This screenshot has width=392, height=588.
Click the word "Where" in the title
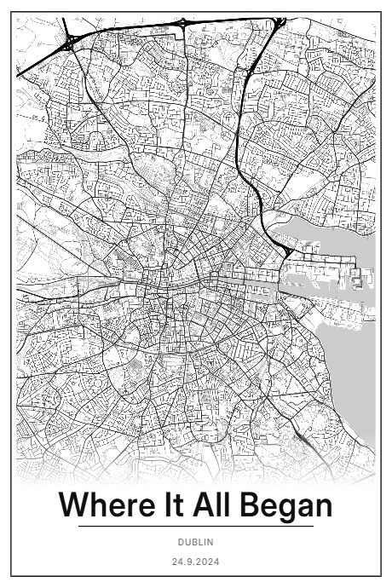101,505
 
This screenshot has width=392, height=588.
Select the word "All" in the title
214,505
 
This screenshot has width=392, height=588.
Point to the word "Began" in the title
285,505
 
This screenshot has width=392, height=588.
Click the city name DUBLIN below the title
196,542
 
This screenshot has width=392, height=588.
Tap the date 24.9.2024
196,562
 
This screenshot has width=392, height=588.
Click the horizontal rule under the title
196,527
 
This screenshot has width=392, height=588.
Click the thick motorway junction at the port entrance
290,251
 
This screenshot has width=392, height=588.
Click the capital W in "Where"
74,505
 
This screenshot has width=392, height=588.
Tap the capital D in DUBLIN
181,542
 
